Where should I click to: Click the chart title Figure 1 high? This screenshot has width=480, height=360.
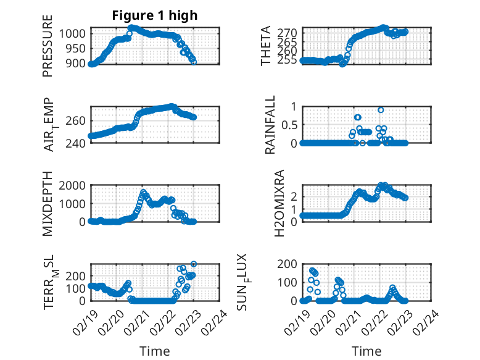point(155,16)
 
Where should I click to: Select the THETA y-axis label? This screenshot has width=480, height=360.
point(266,46)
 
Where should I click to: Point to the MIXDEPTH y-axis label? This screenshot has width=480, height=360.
point(48,204)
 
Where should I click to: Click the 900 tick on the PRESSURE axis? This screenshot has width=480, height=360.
point(78,64)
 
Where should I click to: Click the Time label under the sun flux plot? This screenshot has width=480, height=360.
point(366,351)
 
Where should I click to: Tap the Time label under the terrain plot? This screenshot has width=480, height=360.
point(155,351)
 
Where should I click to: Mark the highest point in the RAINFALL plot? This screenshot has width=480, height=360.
point(381,110)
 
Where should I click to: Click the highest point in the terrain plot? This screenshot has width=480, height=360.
point(194,264)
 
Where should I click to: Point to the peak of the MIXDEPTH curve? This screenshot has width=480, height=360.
point(143,192)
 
